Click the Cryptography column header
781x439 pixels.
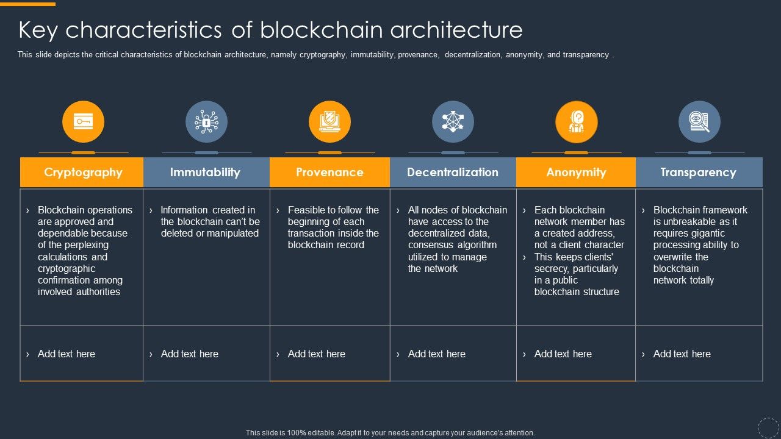pos(83,173)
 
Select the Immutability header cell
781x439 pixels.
pos(205,173)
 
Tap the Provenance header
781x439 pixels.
pos(329,173)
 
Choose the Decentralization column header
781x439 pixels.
pos(453,173)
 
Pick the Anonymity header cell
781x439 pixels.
pos(576,173)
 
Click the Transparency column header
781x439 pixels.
pos(698,173)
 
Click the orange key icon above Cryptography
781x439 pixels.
pos(83,121)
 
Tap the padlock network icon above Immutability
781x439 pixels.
pos(206,121)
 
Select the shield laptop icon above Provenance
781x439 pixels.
pos(329,121)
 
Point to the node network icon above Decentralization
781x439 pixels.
pos(453,121)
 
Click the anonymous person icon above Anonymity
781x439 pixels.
pos(576,121)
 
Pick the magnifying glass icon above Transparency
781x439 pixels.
pos(699,121)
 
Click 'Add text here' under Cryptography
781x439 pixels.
pos(67,354)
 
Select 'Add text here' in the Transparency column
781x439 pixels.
pos(682,354)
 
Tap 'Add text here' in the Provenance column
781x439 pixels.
pos(316,354)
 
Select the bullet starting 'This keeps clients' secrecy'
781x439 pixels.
pos(576,274)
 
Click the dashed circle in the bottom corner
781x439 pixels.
pos(768,427)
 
